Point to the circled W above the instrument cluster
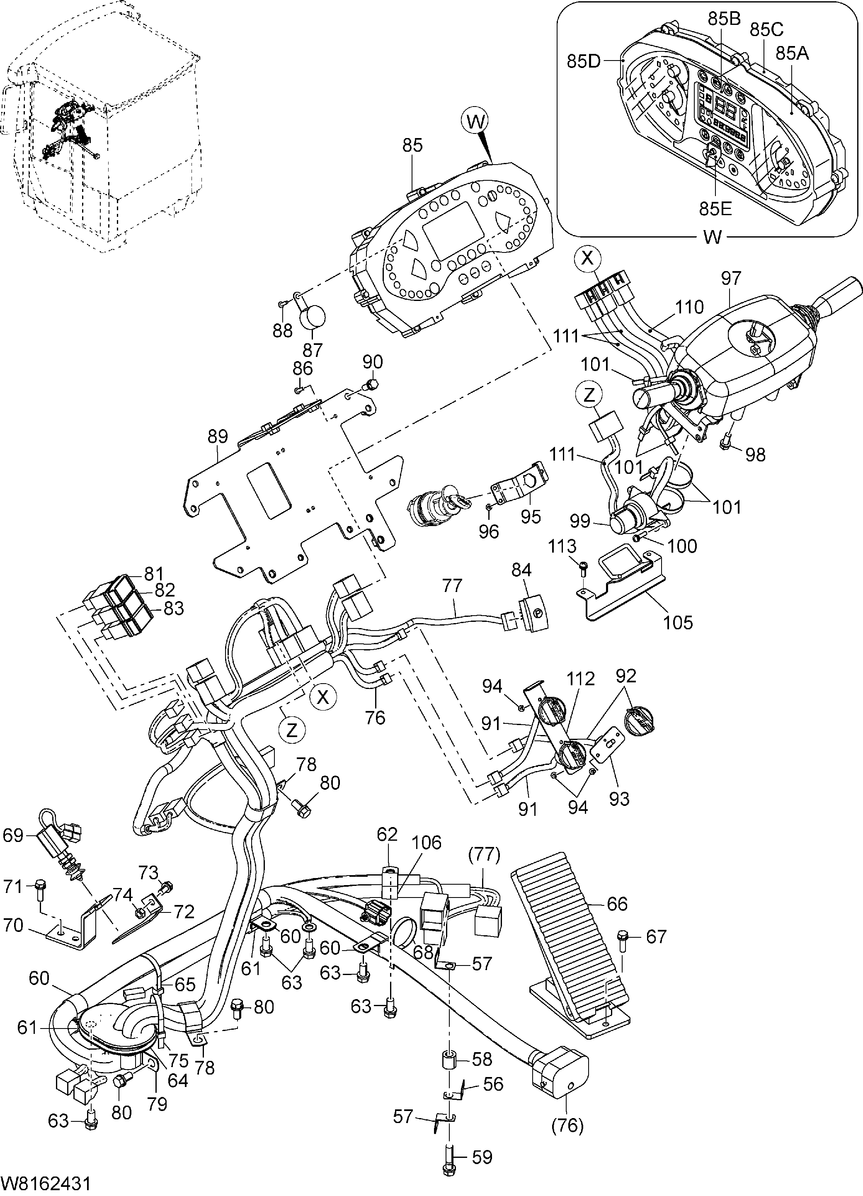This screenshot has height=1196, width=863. coord(475,122)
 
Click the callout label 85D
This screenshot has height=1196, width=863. coord(584,61)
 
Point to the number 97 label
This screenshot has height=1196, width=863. coord(731,278)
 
